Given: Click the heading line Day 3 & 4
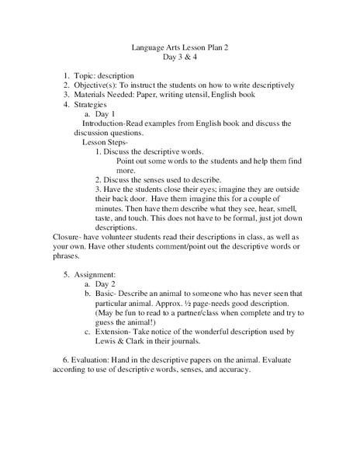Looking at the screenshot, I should [x=180, y=57].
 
